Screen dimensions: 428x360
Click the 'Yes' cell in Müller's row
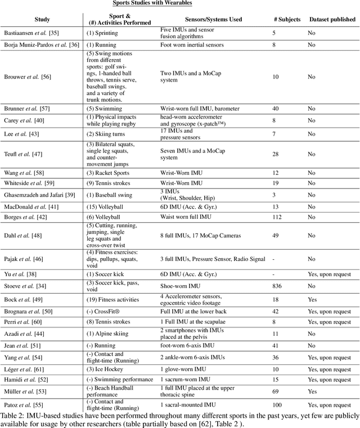click(312, 391)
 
